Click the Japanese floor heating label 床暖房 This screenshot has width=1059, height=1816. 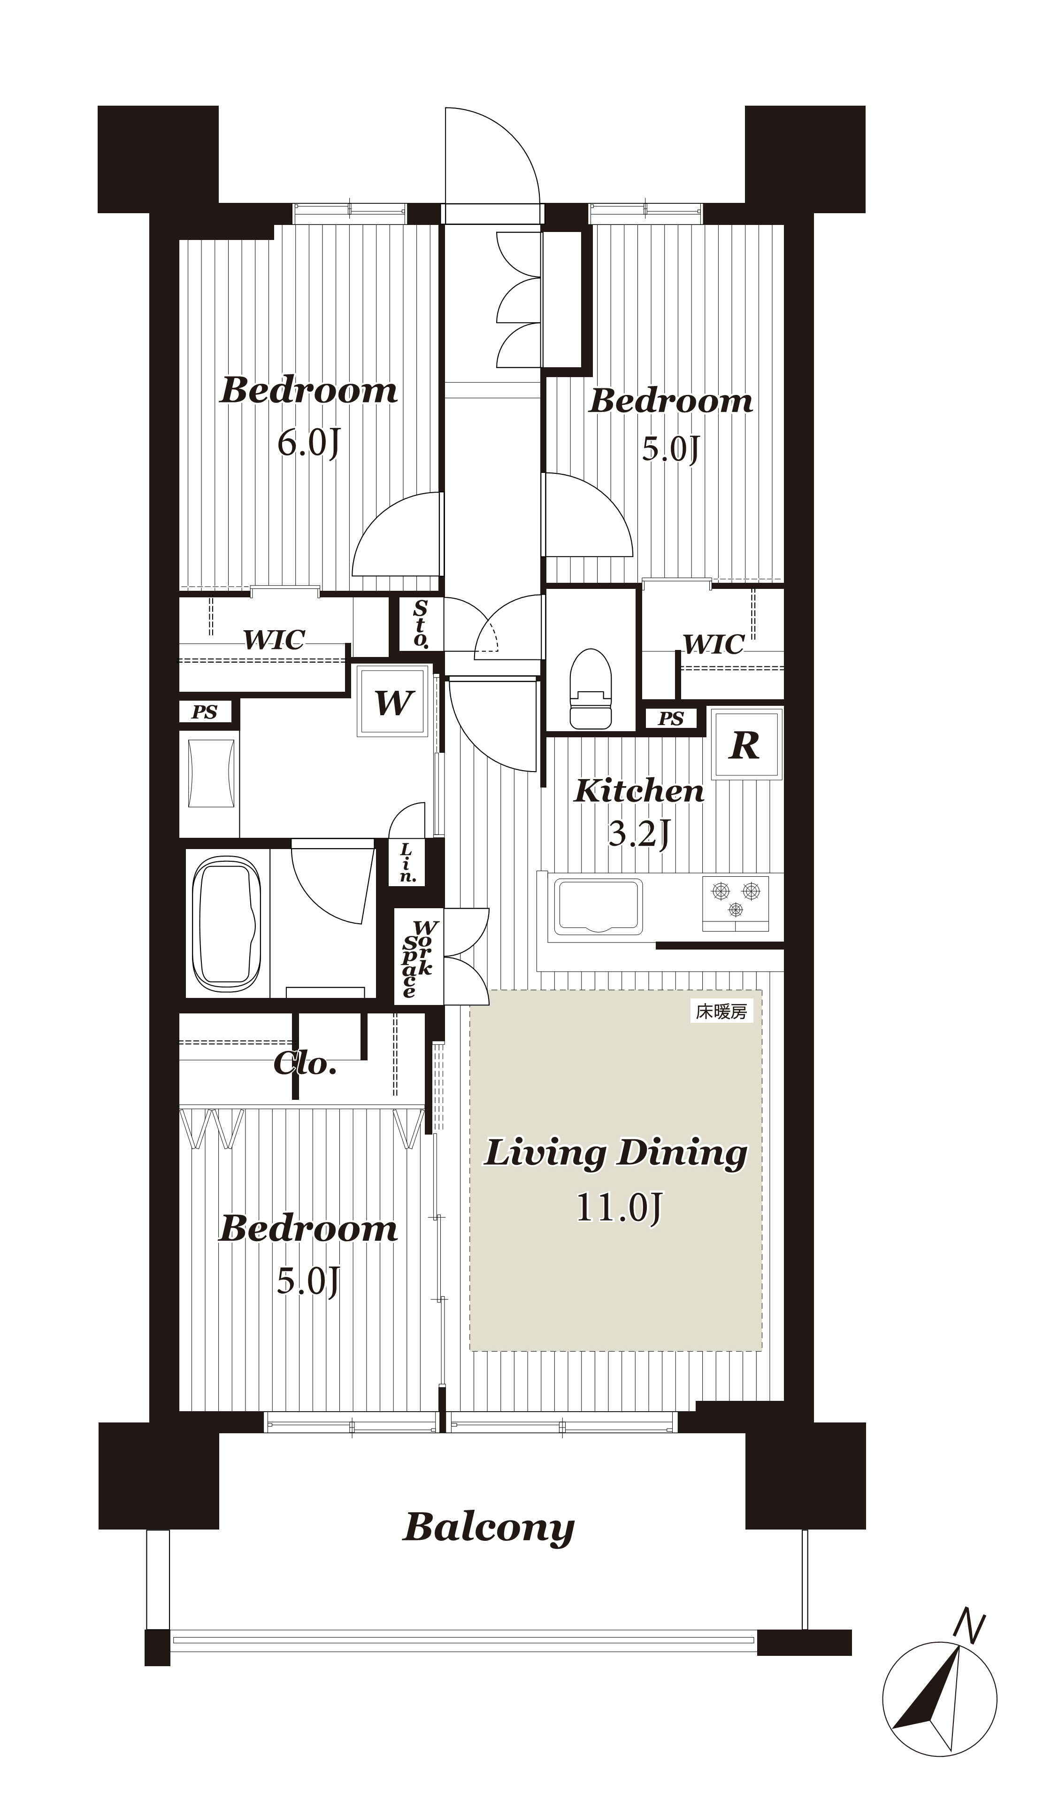[x=721, y=1011]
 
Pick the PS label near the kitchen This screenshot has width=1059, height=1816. [x=671, y=719]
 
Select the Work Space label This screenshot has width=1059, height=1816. [x=418, y=958]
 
